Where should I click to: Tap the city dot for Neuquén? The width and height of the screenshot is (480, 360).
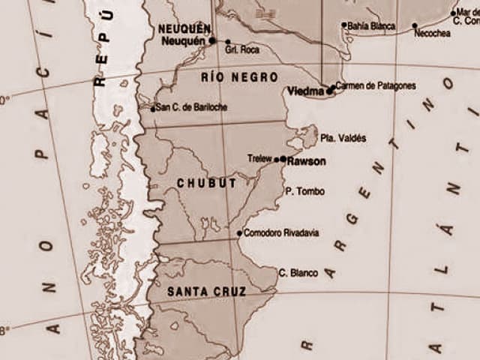pyautogui.click(x=212, y=40)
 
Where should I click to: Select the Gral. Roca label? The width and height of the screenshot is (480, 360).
pyautogui.click(x=241, y=49)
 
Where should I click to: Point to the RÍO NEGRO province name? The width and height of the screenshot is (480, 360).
pyautogui.click(x=239, y=76)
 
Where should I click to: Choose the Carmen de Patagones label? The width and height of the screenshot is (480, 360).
pyautogui.click(x=375, y=85)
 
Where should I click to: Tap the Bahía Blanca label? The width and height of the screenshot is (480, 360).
pyautogui.click(x=372, y=25)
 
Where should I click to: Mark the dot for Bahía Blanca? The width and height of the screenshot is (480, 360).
pyautogui.click(x=344, y=25)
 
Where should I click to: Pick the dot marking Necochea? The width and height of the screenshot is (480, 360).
pyautogui.click(x=415, y=25)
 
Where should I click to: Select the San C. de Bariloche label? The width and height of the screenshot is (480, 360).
pyautogui.click(x=192, y=107)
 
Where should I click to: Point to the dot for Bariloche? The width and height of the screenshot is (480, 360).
pyautogui.click(x=153, y=109)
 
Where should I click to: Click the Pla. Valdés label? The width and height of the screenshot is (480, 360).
pyautogui.click(x=343, y=138)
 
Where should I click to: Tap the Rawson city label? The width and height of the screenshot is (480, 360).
pyautogui.click(x=306, y=160)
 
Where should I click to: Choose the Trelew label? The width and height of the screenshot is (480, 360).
pyautogui.click(x=259, y=158)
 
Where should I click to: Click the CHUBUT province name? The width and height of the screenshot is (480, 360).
pyautogui.click(x=206, y=183)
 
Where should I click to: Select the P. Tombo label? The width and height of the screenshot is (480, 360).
pyautogui.click(x=305, y=191)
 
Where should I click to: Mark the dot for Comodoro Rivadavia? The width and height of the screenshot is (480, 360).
pyautogui.click(x=239, y=233)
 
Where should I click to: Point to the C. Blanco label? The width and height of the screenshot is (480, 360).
pyautogui.click(x=298, y=273)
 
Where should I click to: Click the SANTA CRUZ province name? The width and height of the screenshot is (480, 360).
pyautogui.click(x=197, y=290)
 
